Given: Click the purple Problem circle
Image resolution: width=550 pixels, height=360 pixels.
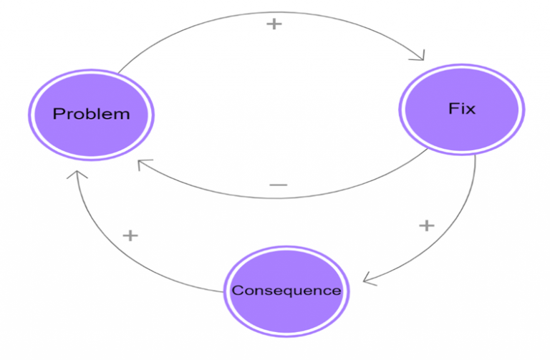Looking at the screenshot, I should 91,115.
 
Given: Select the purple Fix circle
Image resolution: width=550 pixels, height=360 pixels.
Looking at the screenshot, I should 461,111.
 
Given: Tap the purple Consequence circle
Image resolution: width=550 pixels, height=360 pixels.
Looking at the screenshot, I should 286,291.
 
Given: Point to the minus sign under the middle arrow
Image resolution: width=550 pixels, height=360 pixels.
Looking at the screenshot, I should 278,185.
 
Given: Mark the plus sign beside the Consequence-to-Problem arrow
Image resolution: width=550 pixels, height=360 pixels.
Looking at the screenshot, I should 130,235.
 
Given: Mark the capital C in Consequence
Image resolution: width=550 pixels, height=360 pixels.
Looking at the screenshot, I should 236,291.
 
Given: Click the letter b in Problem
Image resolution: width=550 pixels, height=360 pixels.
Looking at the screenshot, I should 93,114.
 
